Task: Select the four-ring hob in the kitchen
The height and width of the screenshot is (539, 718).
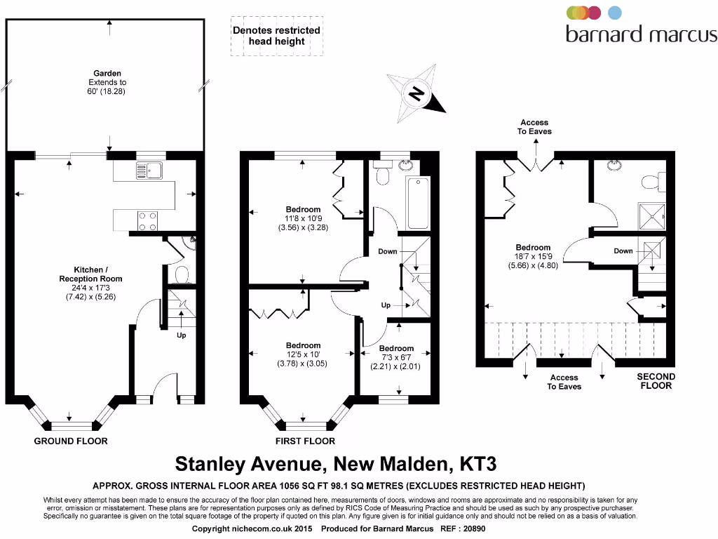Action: pyautogui.click(x=147, y=221)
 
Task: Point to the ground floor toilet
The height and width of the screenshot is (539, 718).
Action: pyautogui.click(x=181, y=274)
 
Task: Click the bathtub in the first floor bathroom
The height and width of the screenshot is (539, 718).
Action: pyautogui.click(x=417, y=204)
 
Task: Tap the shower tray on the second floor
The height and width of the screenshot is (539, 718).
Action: pyautogui.click(x=650, y=216)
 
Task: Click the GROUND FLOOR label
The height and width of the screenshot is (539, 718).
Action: pyautogui.click(x=71, y=441)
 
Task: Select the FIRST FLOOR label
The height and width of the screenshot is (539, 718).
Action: pyautogui.click(x=305, y=441)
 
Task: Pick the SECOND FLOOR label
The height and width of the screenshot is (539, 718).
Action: pyautogui.click(x=656, y=381)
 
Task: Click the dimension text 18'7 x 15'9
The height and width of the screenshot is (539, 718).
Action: pyautogui.click(x=533, y=257)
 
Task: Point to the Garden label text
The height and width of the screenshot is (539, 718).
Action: pyautogui.click(x=107, y=73)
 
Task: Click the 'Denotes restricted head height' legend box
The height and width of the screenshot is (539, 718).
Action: pyautogui.click(x=276, y=36)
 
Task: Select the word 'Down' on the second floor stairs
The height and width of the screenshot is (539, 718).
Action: pyautogui.click(x=623, y=251)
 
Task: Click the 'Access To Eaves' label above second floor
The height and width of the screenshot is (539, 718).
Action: pyautogui.click(x=535, y=127)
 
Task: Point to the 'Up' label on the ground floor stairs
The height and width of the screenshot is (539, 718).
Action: pyautogui.click(x=182, y=335)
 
